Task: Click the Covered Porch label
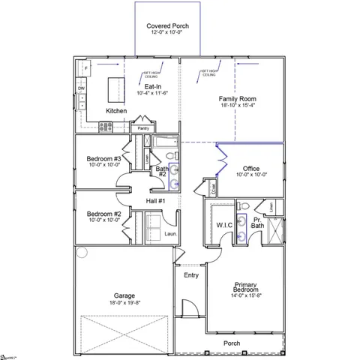pos(167,26)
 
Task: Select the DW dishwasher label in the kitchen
pos(81,88)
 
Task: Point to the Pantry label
pos(144,128)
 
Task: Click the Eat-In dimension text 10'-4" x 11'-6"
pos(154,94)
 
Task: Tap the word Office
pos(251,169)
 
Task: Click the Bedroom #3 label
pos(103,160)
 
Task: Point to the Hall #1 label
pos(154,201)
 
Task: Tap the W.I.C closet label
pos(223,225)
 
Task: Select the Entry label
pos(191,275)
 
